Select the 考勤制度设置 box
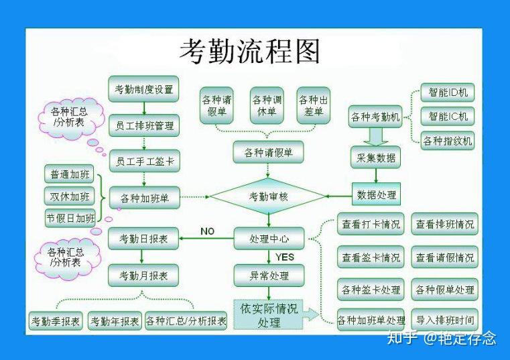coord(143,89)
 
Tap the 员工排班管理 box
coord(143,125)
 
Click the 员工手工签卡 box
coord(143,161)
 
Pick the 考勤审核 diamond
coord(268,196)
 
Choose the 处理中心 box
coord(268,237)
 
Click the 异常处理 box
coord(268,275)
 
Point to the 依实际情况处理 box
coord(268,315)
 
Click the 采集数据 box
coord(375,158)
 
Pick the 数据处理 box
coord(376,195)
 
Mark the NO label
coord(207,231)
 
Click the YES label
coord(284,257)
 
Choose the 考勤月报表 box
coord(143,274)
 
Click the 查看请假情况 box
coord(445,257)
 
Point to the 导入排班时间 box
coord(445,320)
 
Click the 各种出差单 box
coord(314,106)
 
